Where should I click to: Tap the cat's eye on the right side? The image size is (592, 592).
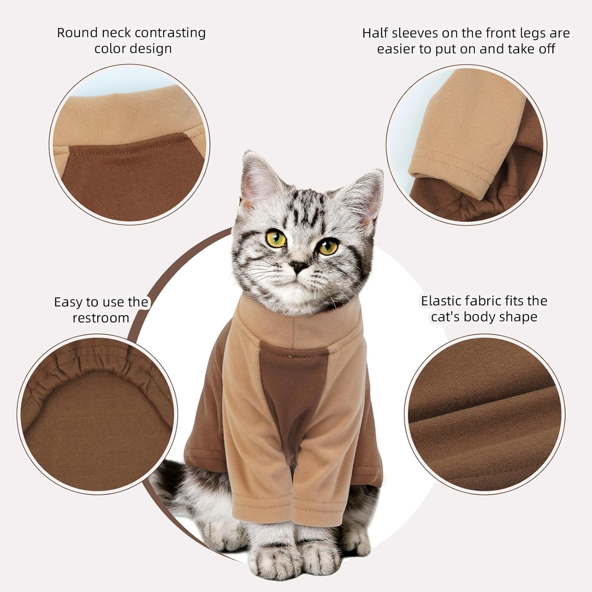[x=328, y=247]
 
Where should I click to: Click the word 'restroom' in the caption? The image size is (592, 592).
[x=101, y=318]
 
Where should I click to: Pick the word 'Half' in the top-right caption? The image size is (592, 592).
[x=375, y=33]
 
